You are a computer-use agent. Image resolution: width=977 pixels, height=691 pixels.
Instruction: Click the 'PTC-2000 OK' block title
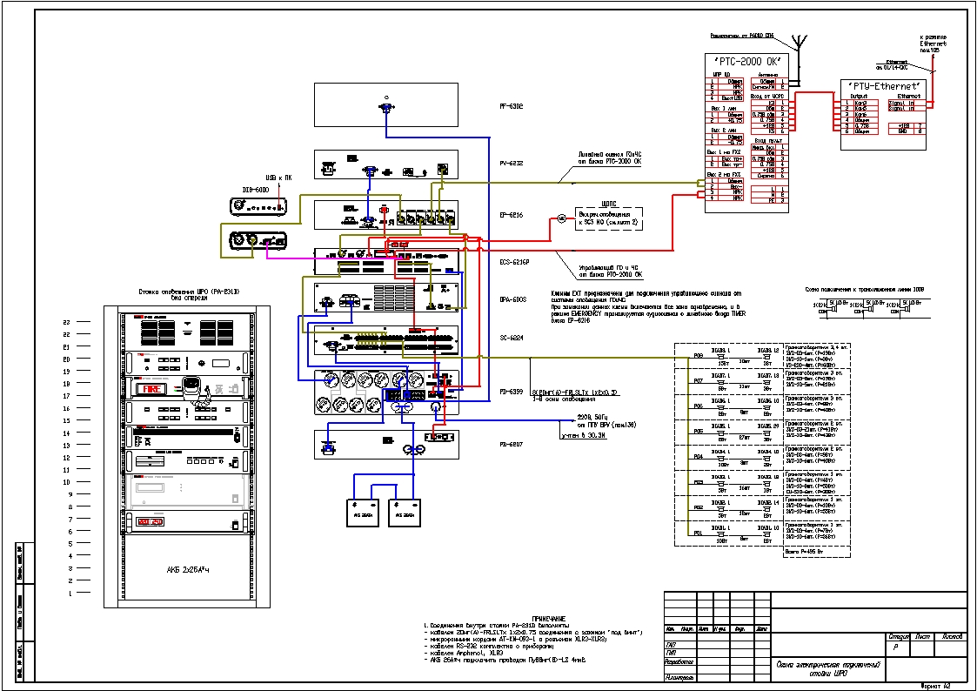click(x=746, y=60)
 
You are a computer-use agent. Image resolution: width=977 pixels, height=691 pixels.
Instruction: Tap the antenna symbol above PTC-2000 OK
click(x=799, y=42)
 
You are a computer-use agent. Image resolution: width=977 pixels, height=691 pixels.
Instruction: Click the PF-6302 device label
click(x=511, y=107)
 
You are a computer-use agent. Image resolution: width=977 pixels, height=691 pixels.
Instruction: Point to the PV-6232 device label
click(x=511, y=163)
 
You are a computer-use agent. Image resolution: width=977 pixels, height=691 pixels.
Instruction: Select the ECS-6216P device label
click(x=514, y=260)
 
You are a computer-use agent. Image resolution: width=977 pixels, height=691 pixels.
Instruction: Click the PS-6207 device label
click(x=511, y=444)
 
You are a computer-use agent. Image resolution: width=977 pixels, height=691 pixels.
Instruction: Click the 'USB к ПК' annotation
click(x=279, y=178)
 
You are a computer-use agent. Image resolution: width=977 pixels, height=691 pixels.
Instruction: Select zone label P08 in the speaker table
click(x=697, y=356)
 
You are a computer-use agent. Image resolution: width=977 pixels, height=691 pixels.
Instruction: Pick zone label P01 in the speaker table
click(x=697, y=532)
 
